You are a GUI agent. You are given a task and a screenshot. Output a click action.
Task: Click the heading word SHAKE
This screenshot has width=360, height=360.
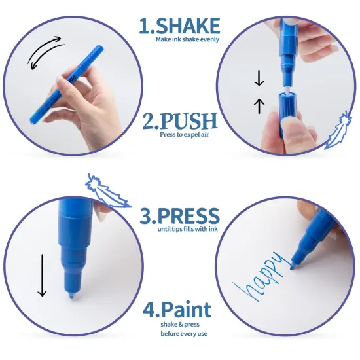click(188, 26)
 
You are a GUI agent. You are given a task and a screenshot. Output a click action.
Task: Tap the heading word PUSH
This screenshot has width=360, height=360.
click(189, 121)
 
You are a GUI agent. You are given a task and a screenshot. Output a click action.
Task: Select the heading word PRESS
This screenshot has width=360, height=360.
click(189, 215)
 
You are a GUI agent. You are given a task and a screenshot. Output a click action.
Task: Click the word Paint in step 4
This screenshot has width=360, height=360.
click(185, 310)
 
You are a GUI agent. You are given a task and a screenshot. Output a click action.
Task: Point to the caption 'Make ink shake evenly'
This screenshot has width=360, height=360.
click(187, 39)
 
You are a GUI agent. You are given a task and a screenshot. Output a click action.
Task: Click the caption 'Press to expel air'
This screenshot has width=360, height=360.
click(185, 134)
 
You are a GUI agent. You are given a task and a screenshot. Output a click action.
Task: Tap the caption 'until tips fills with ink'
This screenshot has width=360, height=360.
click(187, 229)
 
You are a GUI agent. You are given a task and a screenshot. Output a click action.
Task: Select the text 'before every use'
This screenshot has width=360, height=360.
click(184, 333)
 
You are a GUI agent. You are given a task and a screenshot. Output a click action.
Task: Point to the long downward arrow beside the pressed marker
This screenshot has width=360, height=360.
click(43, 276)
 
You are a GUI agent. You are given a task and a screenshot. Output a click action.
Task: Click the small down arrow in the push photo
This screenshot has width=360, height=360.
click(259, 78)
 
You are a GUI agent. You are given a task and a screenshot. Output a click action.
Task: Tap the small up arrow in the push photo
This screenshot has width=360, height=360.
click(259, 106)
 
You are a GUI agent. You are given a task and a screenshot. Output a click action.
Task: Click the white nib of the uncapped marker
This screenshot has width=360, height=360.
click(287, 89)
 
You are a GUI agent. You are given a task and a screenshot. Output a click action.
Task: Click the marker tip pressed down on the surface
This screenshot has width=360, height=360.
click(72, 295)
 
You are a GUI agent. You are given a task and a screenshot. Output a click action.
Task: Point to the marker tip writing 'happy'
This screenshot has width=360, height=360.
click(293, 266)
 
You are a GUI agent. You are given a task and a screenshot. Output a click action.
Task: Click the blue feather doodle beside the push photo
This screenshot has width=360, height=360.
click(338, 130)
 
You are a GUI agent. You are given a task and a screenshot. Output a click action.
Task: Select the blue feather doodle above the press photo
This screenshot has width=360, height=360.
click(107, 191)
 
